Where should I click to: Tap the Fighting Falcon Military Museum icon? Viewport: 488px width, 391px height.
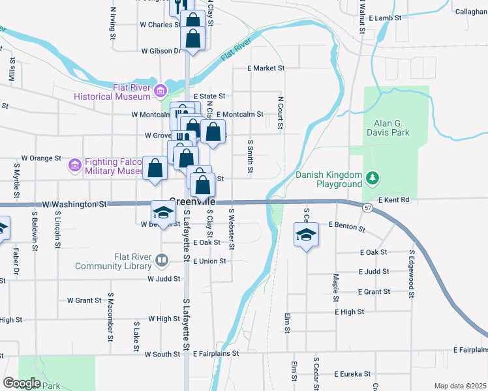coord(76,166)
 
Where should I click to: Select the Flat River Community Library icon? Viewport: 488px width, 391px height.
coord(161,261)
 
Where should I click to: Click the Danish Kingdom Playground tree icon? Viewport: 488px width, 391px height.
coord(372,177)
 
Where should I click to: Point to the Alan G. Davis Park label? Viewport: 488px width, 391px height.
coord(391,128)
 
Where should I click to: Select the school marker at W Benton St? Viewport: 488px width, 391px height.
coord(163,211)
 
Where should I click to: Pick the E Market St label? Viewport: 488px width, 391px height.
coord(266,68)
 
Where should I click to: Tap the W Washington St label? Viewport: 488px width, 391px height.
coord(74,204)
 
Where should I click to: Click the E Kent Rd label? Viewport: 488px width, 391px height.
coord(393,199)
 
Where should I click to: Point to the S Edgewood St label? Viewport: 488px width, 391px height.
coord(412,273)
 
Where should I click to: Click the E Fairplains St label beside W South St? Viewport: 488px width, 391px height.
coord(217,353)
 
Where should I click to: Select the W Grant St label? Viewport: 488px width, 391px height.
coord(84,300)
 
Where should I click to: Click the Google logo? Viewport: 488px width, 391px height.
coord(22,383)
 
